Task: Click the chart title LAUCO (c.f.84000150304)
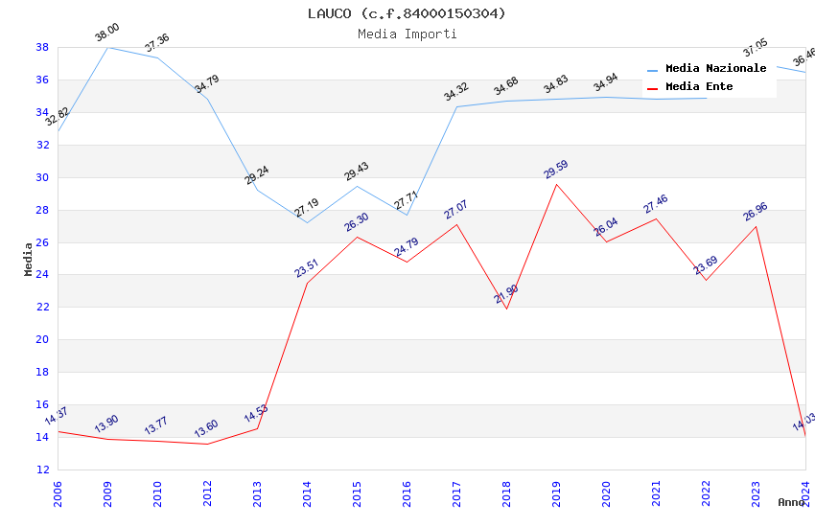[407, 13]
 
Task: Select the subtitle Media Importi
[407, 34]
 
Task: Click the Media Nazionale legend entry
[715, 69]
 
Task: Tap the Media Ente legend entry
[699, 87]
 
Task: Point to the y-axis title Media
[29, 259]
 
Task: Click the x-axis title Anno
[791, 502]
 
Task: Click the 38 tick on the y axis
[43, 47]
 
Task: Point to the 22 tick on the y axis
[43, 308]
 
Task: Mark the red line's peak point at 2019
[556, 184]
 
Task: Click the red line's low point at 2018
[506, 309]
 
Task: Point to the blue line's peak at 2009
[107, 47]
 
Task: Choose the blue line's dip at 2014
[307, 223]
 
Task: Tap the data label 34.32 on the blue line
[456, 92]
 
